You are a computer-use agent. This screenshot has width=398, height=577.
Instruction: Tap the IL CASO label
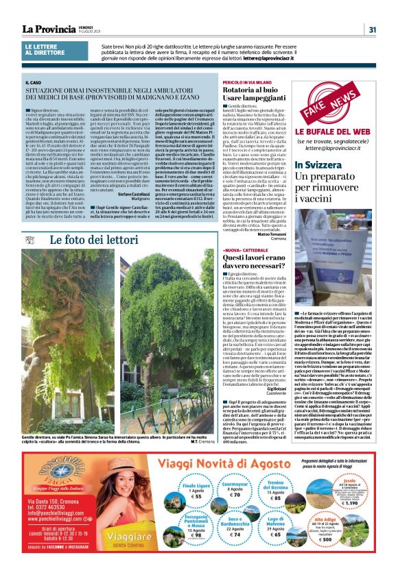click(x=42, y=82)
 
